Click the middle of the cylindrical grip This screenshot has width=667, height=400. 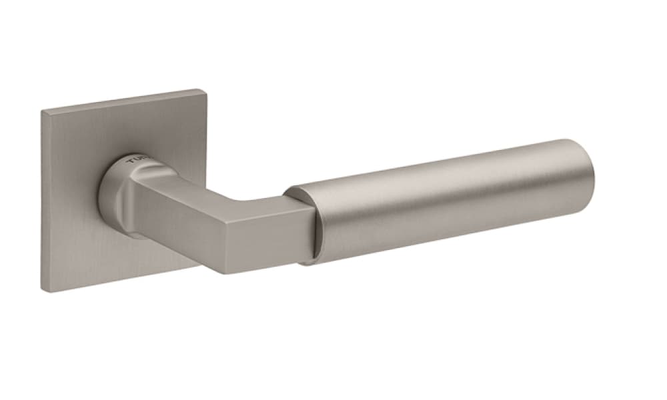click(440, 200)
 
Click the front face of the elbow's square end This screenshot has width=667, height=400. click(267, 233)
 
